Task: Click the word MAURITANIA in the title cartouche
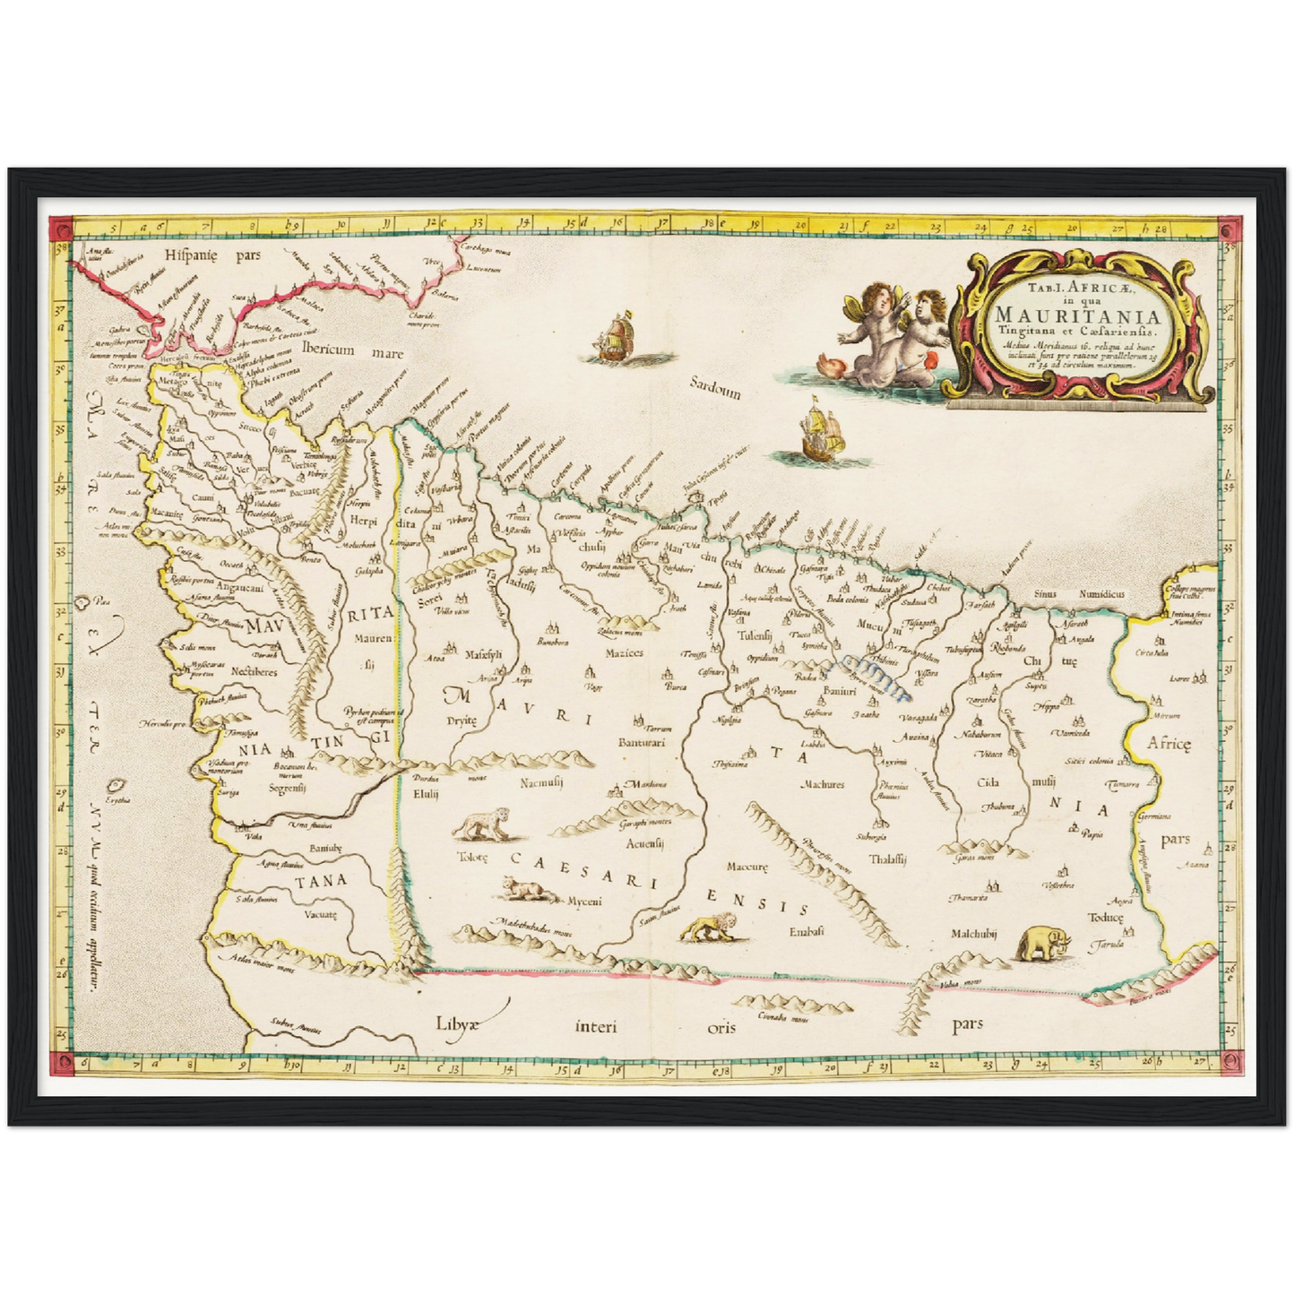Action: point(1076,315)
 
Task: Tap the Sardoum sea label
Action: point(715,387)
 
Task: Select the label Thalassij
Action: point(887,858)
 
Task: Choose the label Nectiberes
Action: point(254,671)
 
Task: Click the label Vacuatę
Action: point(320,914)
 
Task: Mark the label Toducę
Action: point(1105,917)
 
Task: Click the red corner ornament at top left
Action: point(61,229)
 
